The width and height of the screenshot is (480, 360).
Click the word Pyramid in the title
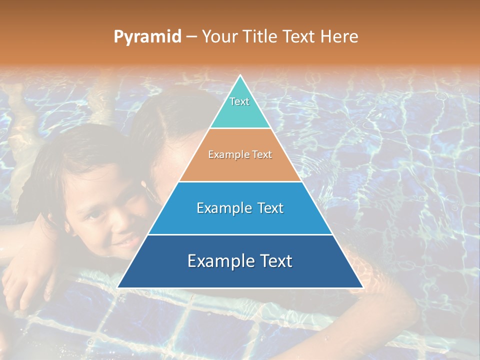(x=147, y=37)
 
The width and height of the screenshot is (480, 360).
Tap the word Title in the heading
(x=260, y=37)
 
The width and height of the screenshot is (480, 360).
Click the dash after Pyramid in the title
(x=191, y=37)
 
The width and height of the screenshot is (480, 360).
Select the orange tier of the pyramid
(x=240, y=167)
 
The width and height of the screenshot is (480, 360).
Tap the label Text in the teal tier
(x=239, y=101)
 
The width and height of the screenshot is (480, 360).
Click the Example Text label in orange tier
(x=240, y=154)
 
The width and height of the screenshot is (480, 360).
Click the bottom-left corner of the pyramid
(x=118, y=287)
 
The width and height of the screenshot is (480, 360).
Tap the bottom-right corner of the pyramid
(x=362, y=287)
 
